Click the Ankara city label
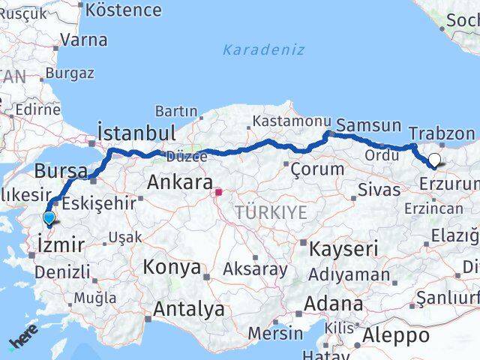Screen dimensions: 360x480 click(x=179, y=182)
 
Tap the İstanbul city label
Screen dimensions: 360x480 click(x=137, y=133)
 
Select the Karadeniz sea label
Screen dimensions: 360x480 click(x=263, y=50)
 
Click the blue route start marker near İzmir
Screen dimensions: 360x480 click(x=49, y=218)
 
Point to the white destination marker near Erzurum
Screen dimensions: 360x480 click(x=434, y=159)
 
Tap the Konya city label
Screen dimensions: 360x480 click(x=172, y=267)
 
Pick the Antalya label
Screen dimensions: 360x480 click(x=188, y=308)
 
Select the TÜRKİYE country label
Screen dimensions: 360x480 click(x=271, y=212)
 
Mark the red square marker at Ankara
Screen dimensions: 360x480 click(x=218, y=192)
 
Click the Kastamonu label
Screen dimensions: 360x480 click(x=292, y=120)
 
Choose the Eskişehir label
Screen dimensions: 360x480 click(x=100, y=203)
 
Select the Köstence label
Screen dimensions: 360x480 click(x=124, y=10)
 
